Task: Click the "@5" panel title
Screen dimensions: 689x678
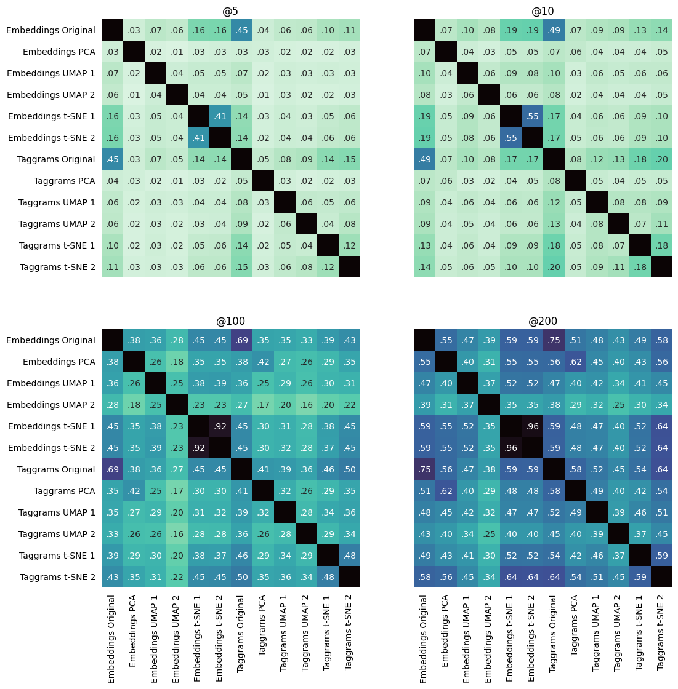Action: point(230,11)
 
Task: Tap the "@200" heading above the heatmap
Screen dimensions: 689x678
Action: point(543,321)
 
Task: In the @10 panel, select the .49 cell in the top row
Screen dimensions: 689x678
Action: point(554,30)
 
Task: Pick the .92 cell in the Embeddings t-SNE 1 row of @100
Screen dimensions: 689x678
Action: point(220,426)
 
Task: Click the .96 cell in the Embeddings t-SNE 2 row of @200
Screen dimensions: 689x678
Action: point(511,448)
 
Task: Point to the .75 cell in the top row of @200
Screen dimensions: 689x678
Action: point(554,340)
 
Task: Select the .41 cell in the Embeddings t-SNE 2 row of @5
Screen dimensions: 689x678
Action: point(198,138)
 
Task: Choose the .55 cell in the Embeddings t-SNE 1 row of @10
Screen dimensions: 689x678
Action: point(532,116)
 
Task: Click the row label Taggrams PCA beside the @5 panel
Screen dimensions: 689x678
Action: point(64,181)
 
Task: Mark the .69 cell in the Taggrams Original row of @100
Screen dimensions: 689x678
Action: point(112,469)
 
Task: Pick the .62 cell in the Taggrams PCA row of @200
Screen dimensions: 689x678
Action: point(446,491)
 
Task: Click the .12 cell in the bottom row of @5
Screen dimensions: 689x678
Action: point(328,267)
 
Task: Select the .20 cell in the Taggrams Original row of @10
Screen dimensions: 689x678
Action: point(661,159)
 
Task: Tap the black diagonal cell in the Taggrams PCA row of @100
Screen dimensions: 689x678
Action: point(263,491)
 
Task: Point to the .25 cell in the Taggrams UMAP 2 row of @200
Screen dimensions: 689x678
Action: point(489,534)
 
